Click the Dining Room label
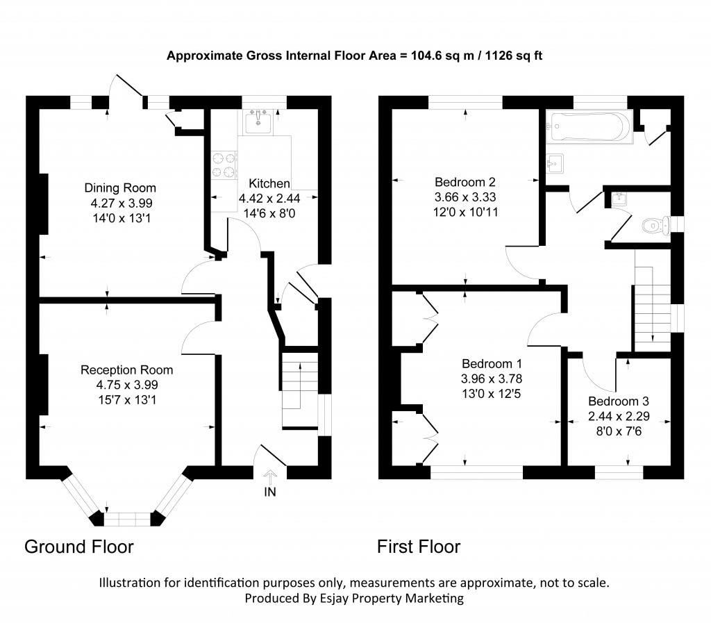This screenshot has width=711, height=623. click(120, 188)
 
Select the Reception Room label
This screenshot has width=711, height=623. click(126, 369)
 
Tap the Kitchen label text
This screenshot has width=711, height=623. click(269, 184)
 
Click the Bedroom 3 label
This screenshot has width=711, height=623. click(618, 401)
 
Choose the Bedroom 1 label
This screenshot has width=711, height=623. click(492, 364)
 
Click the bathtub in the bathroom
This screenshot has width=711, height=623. click(589, 126)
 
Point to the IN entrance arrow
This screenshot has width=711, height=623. click(270, 476)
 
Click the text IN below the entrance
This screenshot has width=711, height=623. click(270, 494)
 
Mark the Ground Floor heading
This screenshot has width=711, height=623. click(78, 547)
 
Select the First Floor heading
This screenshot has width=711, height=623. click(419, 547)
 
